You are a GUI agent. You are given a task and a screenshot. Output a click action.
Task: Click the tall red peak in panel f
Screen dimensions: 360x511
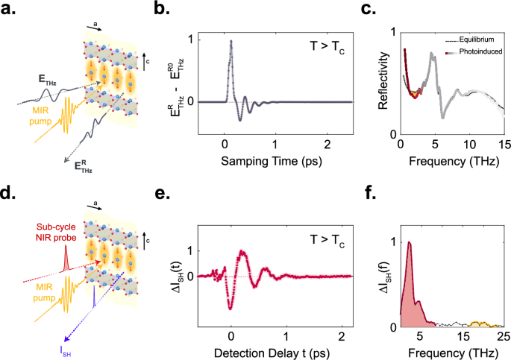pos(408,243)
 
